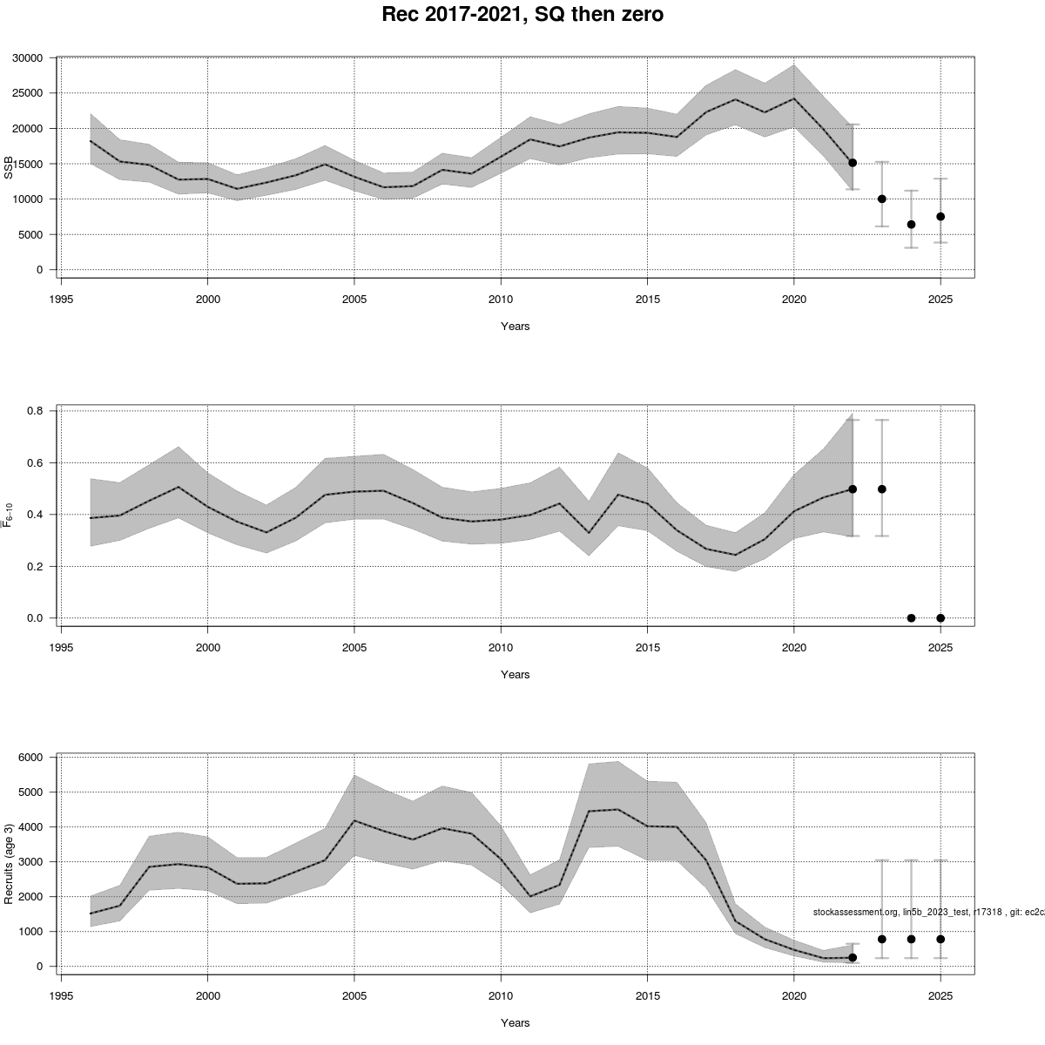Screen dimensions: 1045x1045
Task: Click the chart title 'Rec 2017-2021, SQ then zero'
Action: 522,15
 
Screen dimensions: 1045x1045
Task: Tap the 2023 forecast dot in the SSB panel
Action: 882,199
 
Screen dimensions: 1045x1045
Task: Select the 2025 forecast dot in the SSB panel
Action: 940,217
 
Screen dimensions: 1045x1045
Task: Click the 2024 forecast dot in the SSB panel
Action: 911,225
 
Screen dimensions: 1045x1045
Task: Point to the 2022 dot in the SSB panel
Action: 853,163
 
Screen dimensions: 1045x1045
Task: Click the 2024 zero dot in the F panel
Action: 911,618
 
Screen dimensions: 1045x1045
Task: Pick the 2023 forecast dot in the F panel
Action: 882,489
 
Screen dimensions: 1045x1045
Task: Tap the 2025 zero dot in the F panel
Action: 940,618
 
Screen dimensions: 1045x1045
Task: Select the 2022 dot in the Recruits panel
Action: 853,957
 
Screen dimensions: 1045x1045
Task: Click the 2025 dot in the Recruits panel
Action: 940,939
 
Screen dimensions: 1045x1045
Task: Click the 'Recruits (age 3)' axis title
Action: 10,863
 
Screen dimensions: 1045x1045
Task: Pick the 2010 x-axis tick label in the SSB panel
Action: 500,296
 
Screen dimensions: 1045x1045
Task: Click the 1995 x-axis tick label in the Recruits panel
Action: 61,993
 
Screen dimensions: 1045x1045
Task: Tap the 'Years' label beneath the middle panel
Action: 515,675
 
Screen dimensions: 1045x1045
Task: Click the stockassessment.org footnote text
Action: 927,912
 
